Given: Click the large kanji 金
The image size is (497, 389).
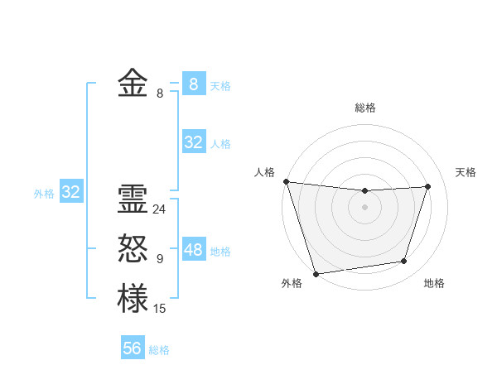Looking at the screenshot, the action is (133, 84).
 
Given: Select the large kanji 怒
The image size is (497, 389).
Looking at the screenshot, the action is (133, 248).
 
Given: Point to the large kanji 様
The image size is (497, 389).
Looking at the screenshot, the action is (133, 298).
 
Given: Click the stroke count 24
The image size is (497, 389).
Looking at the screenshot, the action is (159, 209).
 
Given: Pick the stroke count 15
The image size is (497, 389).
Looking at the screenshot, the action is (159, 309).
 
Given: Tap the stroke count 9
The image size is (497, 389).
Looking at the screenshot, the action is (159, 259).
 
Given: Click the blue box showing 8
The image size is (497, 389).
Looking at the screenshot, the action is (193, 84).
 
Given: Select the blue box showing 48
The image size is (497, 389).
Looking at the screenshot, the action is (193, 250).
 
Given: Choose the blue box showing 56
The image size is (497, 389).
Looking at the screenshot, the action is (133, 348).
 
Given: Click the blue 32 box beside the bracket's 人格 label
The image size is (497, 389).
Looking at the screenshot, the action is (193, 142).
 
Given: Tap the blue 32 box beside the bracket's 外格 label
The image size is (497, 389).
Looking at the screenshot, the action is (71, 192).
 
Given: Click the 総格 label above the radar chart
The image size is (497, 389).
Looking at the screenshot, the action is (364, 108).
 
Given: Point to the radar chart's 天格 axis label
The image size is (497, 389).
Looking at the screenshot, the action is (466, 172).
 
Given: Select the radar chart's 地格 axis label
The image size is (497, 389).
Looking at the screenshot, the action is (434, 284).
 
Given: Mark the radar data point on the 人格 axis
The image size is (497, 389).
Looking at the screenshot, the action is (286, 181).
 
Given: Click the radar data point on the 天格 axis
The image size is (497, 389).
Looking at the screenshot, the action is (428, 186).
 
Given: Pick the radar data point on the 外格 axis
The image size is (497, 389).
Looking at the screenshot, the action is (316, 273).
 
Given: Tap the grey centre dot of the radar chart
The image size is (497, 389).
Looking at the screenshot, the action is (364, 207).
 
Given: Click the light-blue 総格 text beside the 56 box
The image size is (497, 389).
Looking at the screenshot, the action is (159, 350).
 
